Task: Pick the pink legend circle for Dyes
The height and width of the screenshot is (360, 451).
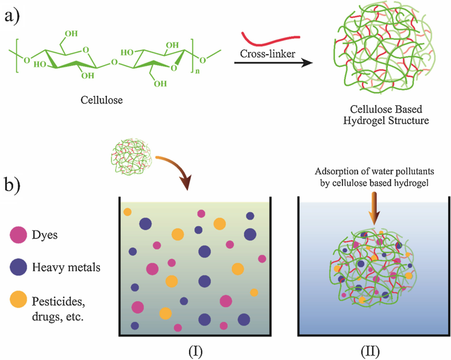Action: [x=19, y=235]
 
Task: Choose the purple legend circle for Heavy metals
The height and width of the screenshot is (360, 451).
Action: [x=19, y=267]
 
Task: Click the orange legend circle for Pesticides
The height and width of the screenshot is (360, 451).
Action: [x=19, y=299]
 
